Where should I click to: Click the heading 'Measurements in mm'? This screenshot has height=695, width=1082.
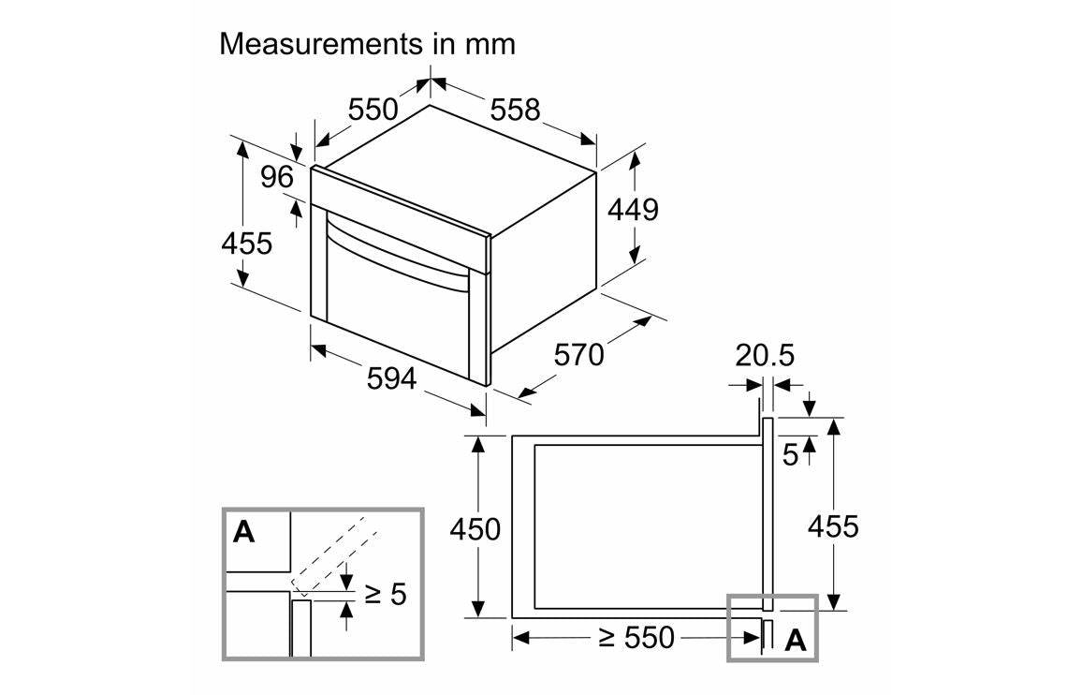coord(367,43)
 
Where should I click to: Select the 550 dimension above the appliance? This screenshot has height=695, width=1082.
coord(373,110)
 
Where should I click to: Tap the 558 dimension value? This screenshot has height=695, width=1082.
coord(515,110)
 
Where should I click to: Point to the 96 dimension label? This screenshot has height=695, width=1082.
coord(277,177)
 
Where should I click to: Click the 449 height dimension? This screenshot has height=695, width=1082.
coord(633,210)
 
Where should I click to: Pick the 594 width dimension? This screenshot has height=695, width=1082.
coord(390,379)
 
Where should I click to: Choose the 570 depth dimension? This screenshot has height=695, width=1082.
coord(579,355)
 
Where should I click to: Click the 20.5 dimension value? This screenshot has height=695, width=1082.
coord(764,356)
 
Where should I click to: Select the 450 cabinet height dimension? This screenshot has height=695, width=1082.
coord(475,529)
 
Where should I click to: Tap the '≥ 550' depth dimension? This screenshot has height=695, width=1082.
coord(636,638)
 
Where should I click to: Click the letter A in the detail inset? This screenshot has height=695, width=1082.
coord(243,532)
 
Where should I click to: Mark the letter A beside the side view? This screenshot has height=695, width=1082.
coord(795,641)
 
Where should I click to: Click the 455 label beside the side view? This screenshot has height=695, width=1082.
coord(832,526)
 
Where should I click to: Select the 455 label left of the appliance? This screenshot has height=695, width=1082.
coord(246,244)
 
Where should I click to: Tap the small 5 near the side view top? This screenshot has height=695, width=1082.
coord(790,456)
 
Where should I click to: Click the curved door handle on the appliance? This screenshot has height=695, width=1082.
coord(393,251)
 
